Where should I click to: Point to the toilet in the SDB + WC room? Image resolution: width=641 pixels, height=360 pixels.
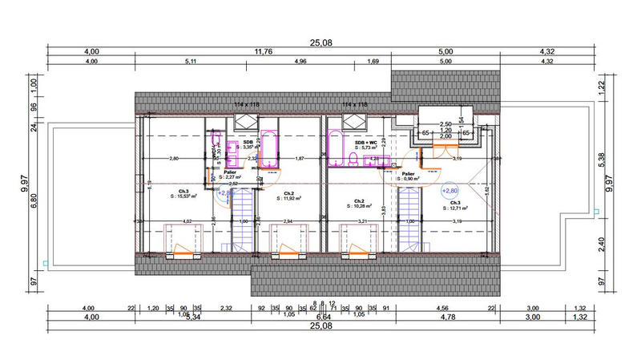pyautogui.click(x=353, y=160)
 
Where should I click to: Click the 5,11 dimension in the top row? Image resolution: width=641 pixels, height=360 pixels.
pyautogui.click(x=191, y=61)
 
